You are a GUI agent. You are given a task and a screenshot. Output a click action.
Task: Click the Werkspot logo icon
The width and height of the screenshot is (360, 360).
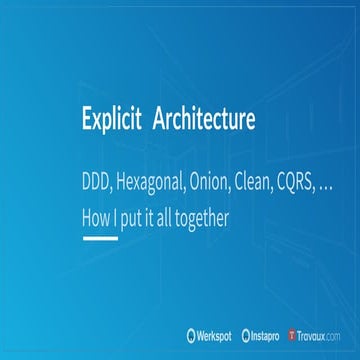click(x=191, y=335)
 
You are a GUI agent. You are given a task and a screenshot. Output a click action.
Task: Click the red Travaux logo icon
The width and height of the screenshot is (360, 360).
click(x=292, y=335)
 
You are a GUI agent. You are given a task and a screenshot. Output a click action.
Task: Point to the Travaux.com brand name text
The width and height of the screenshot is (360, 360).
click(x=322, y=335)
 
